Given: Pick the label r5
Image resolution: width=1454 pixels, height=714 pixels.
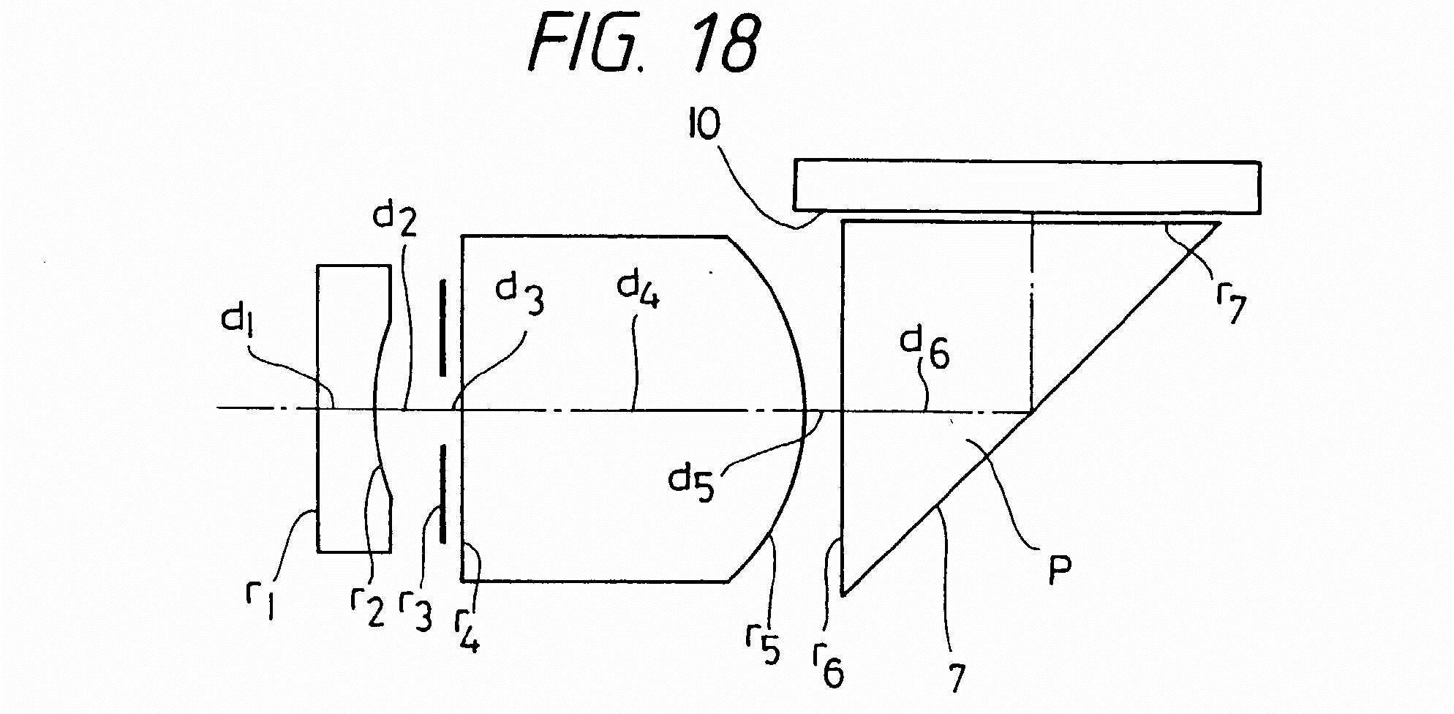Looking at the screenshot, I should (762, 644).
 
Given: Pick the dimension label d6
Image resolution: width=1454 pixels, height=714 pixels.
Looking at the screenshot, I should (925, 350).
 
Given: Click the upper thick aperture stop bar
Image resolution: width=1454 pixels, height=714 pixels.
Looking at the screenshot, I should (442, 327).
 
